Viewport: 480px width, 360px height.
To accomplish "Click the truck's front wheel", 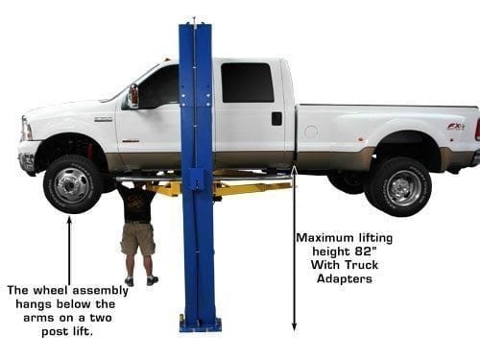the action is pos(73,184).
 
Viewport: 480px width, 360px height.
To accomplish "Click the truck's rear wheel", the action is pos(399,187).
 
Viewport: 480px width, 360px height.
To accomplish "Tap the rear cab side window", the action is pos(248,83).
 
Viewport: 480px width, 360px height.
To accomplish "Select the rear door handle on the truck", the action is pos(276,118).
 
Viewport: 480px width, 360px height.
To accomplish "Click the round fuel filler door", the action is pos(311,132).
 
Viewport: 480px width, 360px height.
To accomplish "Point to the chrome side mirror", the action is pos(132,95).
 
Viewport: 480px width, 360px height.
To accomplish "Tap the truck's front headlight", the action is pos(26,129).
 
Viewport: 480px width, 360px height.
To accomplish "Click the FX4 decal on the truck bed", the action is pos(455,127).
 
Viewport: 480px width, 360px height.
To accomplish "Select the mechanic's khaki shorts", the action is pos(138,239).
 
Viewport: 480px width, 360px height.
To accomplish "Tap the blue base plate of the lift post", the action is pos(201,324).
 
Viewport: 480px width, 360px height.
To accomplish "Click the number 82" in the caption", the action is pos(363,252).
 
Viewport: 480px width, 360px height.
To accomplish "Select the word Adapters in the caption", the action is pos(345,278).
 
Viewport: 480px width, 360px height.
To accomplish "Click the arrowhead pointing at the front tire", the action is pos(69,220).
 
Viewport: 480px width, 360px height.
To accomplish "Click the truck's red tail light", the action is pos(478,129).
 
